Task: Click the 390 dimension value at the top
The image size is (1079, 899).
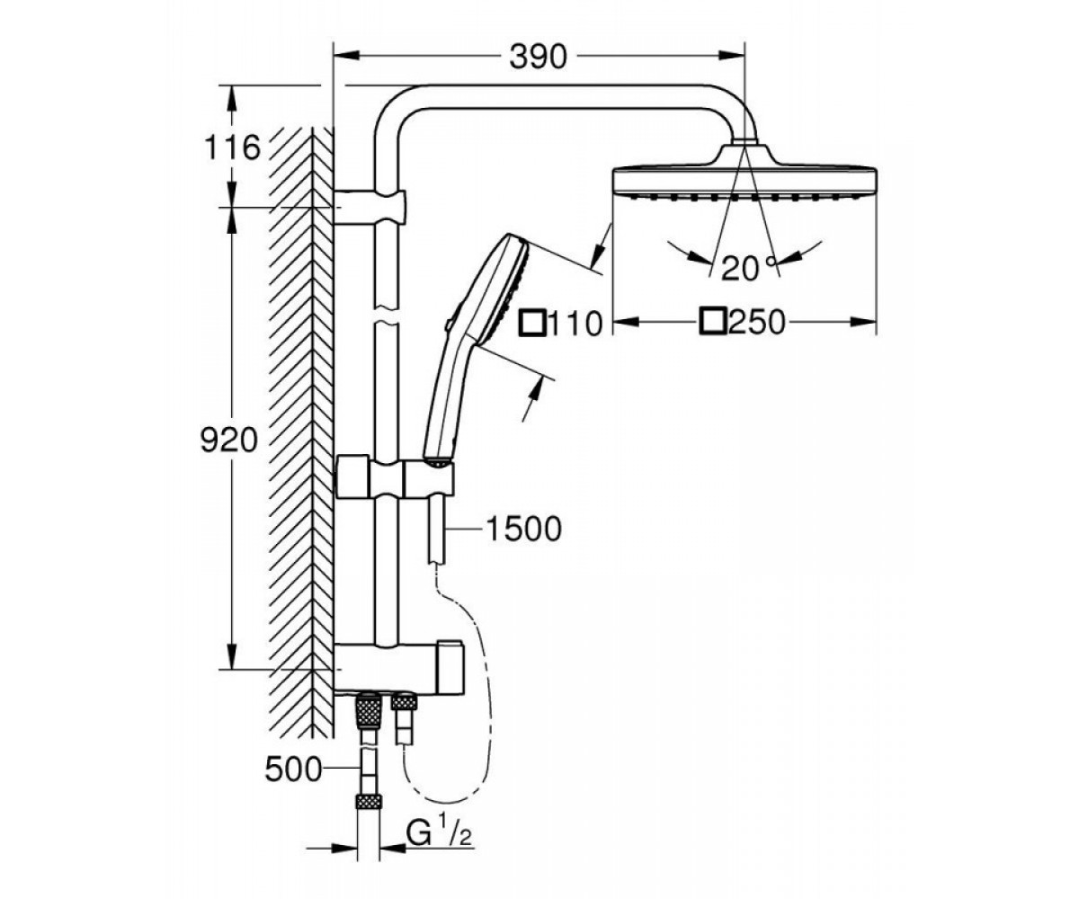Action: pos(538,57)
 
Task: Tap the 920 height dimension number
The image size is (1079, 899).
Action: pos(228,441)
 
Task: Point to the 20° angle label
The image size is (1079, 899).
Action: pos(749,268)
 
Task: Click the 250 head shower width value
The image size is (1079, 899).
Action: pos(756,322)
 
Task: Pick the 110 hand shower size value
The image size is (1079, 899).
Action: pos(575,324)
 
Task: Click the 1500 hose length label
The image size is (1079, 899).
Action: pos(523,529)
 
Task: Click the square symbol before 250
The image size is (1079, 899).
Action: pos(713,321)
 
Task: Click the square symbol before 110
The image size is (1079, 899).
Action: pos(533,324)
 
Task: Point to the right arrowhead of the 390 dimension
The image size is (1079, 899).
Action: pos(732,55)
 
